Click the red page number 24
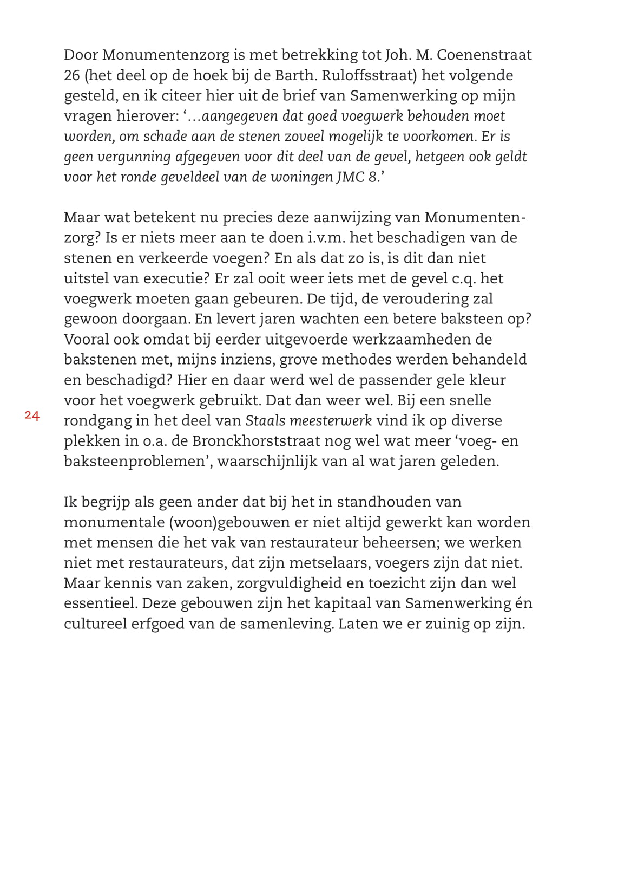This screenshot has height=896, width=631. pyautogui.click(x=32, y=416)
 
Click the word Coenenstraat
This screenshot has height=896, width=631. pyautogui.click(x=484, y=55)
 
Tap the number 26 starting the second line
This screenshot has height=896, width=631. pyautogui.click(x=72, y=75)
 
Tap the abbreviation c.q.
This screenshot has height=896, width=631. pyautogui.click(x=460, y=278)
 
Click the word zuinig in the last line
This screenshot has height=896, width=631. pyautogui.click(x=442, y=624)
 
